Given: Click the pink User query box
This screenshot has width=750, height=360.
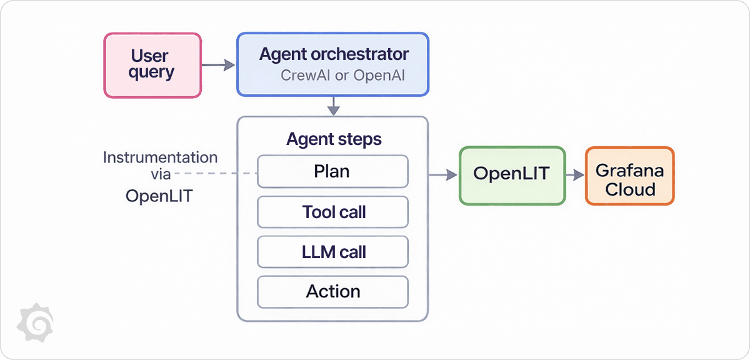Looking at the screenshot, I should tap(152, 65).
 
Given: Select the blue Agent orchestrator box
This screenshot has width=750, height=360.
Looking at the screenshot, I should tap(333, 64).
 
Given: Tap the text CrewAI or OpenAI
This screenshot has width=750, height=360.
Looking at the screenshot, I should tap(343, 76).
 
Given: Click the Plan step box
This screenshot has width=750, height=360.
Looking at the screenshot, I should tap(333, 171).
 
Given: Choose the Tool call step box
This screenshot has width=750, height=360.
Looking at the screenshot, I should tap(333, 212).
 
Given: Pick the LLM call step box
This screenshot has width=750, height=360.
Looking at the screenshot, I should tap(333, 252).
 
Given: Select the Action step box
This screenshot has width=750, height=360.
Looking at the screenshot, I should tap(333, 291).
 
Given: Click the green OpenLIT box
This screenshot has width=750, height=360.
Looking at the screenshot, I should tap(511, 174).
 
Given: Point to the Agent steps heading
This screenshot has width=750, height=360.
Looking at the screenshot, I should tap(333, 139).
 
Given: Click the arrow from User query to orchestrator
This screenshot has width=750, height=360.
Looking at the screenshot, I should tap(219, 64).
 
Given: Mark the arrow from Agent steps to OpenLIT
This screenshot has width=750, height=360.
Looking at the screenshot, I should tap(442, 176).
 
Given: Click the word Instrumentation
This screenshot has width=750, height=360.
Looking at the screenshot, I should tap(160, 157).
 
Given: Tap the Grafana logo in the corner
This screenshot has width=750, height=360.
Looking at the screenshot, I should tap(34, 322).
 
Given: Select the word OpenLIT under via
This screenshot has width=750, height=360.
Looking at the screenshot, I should tap(159, 196).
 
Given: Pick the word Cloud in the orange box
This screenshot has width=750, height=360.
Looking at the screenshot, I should tap(629, 189).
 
